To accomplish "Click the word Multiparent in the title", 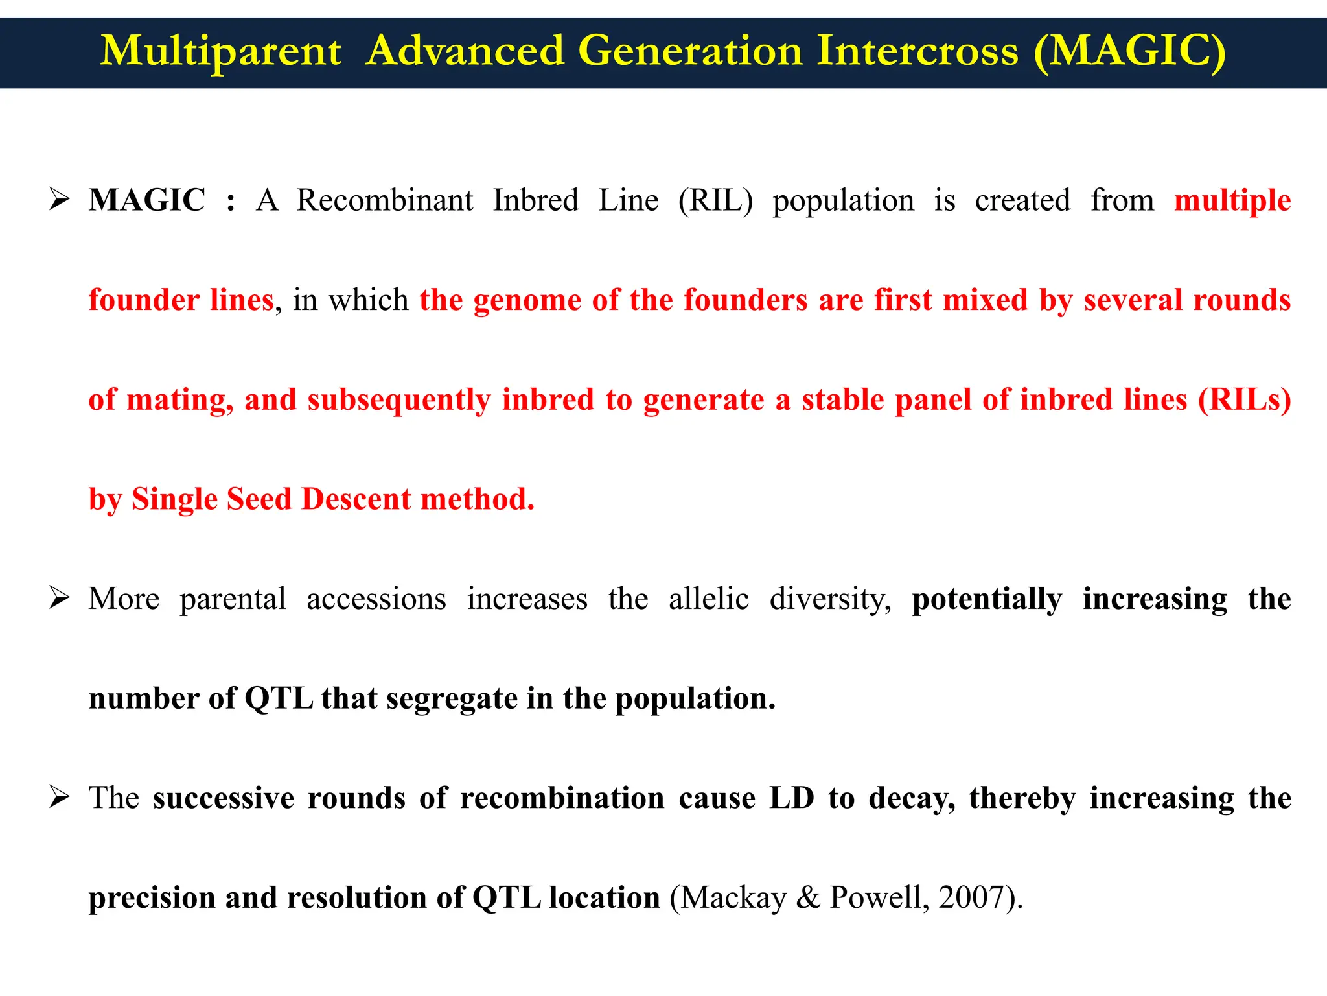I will point(220,52).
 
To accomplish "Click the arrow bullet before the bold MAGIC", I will point(59,199).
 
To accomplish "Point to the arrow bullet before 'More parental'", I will point(59,598).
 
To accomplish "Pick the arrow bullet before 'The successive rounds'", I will point(59,797).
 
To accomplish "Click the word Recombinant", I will point(385,200).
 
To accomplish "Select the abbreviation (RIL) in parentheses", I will point(715,200).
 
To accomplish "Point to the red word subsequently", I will point(398,400).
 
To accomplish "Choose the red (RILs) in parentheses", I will point(1244,399).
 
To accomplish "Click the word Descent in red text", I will point(356,499).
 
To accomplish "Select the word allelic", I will point(709,599).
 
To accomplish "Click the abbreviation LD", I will point(791,798).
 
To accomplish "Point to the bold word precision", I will point(152,898).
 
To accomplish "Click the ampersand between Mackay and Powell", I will point(807,898).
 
